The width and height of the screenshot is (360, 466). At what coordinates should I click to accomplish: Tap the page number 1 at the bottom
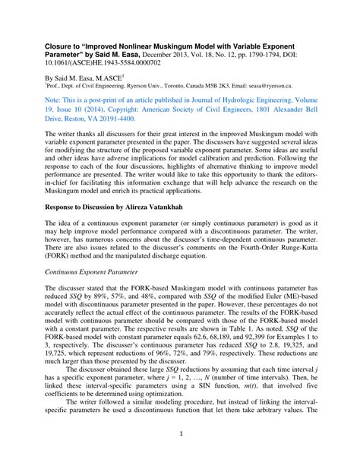pos(180,455)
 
